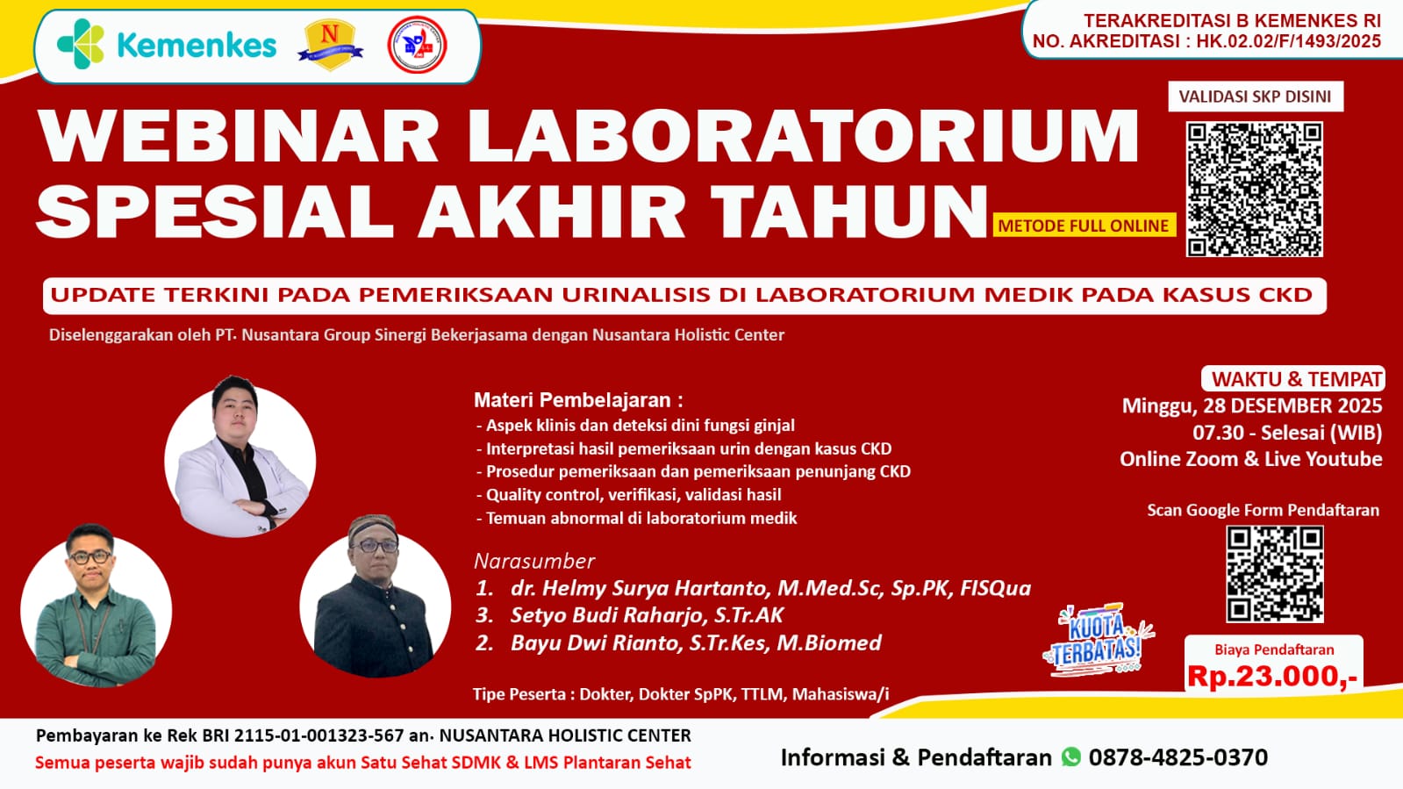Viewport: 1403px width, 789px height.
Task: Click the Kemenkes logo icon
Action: [x=80, y=44]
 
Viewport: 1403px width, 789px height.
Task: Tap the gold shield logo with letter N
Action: [x=330, y=45]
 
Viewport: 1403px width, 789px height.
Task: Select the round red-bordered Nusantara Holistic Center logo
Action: [x=417, y=45]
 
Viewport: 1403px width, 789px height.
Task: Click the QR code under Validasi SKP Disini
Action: [x=1255, y=190]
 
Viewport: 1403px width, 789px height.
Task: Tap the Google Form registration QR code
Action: [x=1275, y=574]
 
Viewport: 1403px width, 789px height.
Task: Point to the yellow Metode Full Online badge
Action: [x=1084, y=226]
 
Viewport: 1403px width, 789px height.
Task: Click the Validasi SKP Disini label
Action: [x=1256, y=97]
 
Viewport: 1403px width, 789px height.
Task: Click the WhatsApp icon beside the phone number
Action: [x=1071, y=757]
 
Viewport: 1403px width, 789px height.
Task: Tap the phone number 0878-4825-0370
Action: [x=1178, y=757]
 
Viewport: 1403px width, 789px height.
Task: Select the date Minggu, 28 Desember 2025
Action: [x=1251, y=406]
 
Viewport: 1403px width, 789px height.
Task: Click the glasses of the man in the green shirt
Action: [x=91, y=556]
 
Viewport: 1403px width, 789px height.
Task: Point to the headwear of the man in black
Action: [x=373, y=525]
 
